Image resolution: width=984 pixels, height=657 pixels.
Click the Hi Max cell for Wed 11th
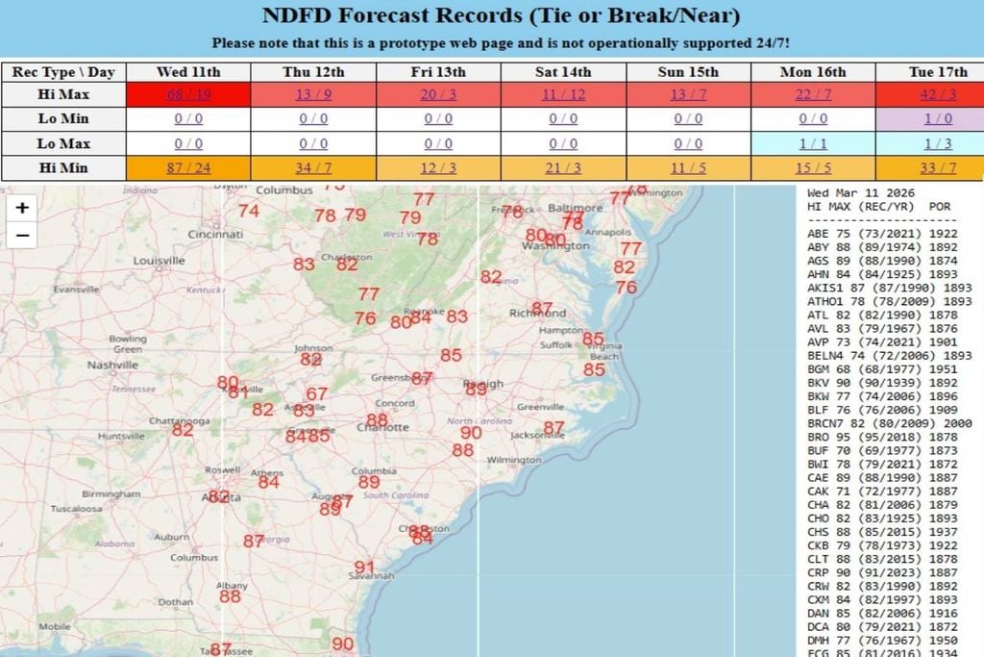pyautogui.click(x=188, y=94)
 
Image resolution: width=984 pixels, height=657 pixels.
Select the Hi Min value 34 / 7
pyautogui.click(x=313, y=167)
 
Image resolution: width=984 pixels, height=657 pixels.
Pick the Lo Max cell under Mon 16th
pyautogui.click(x=813, y=143)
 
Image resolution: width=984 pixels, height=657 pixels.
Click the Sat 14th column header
pyautogui.click(x=564, y=72)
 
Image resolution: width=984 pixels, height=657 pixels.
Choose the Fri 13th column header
pyautogui.click(x=438, y=72)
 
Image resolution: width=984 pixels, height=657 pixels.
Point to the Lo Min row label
pyautogui.click(x=63, y=118)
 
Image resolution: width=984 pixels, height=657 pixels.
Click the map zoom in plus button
pyautogui.click(x=22, y=207)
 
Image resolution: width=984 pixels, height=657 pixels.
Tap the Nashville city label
pyautogui.click(x=113, y=366)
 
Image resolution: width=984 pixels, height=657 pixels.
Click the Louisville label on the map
pyautogui.click(x=159, y=261)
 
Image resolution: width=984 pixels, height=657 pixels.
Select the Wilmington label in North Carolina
pyautogui.click(x=514, y=460)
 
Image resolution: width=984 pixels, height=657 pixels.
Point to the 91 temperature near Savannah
pyautogui.click(x=364, y=567)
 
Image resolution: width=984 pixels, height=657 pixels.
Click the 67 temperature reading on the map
pyautogui.click(x=317, y=394)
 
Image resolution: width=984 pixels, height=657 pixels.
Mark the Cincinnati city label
pyautogui.click(x=215, y=234)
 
